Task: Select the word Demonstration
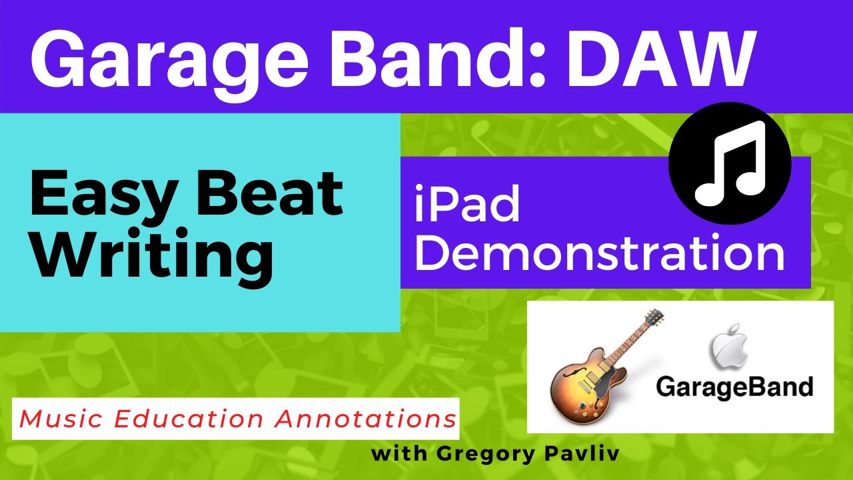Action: (599, 254)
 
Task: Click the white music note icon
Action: (729, 163)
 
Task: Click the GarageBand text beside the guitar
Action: (734, 387)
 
